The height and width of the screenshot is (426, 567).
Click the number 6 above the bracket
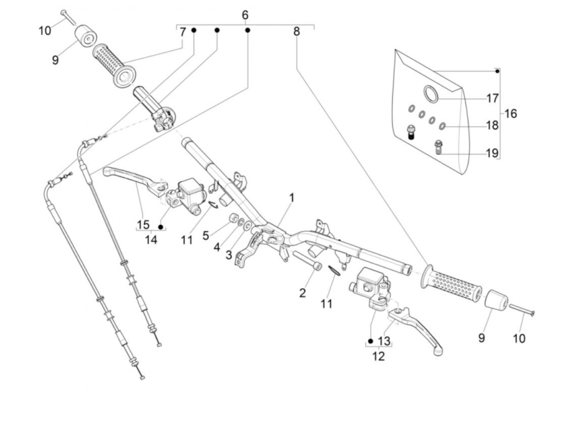pyautogui.click(x=245, y=15)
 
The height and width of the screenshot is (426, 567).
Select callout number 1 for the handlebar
pyautogui.click(x=292, y=198)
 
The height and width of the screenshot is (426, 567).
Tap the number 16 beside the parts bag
pyautogui.click(x=510, y=114)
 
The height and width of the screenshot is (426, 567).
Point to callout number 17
pyautogui.click(x=492, y=98)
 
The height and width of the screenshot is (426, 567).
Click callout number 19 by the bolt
pyautogui.click(x=492, y=153)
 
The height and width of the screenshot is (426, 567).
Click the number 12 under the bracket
pyautogui.click(x=378, y=356)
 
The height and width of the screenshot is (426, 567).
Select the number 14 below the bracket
pyautogui.click(x=151, y=240)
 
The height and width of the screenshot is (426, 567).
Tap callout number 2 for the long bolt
pyautogui.click(x=303, y=293)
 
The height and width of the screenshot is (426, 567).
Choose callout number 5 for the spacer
pyautogui.click(x=206, y=235)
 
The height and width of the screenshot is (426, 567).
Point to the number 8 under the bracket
pyautogui.click(x=296, y=32)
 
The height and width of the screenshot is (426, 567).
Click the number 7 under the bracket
pyautogui.click(x=183, y=32)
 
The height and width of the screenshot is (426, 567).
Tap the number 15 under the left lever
pyautogui.click(x=143, y=225)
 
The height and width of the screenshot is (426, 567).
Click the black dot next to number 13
pyautogui.click(x=371, y=341)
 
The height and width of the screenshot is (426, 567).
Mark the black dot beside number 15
pyautogui.click(x=161, y=227)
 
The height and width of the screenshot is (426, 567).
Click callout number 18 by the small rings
pyautogui.click(x=492, y=126)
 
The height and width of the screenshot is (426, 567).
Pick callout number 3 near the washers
pyautogui.click(x=229, y=256)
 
